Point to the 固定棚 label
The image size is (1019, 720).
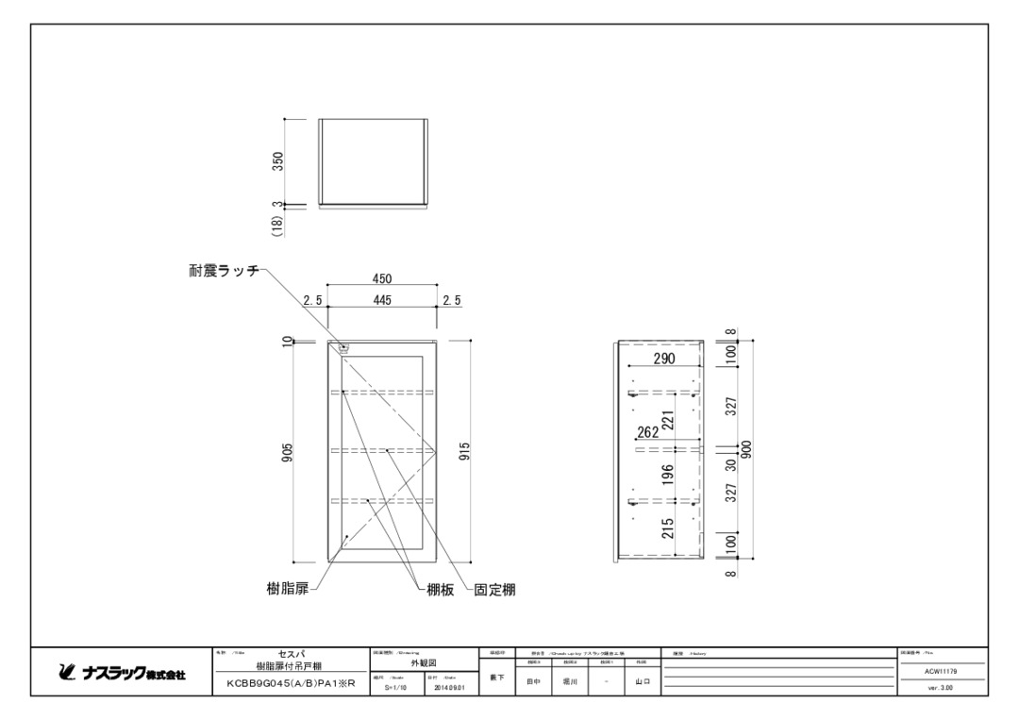493,590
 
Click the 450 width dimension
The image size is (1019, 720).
381,278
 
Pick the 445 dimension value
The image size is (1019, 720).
381,300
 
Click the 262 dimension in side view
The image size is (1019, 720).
648,433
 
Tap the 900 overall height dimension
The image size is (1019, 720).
745,449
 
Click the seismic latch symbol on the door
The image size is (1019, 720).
342,347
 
